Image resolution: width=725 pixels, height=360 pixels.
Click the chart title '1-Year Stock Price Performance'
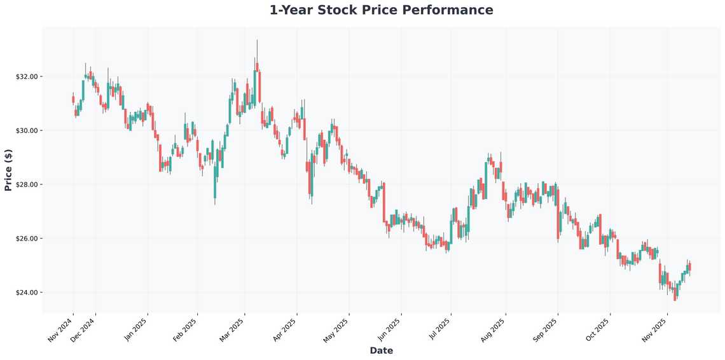click(x=381, y=10)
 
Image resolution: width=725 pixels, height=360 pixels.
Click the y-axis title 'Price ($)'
click(x=8, y=170)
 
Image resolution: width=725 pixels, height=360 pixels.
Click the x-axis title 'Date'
click(x=381, y=350)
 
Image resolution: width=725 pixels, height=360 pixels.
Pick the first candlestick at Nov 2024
click(x=73, y=99)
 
